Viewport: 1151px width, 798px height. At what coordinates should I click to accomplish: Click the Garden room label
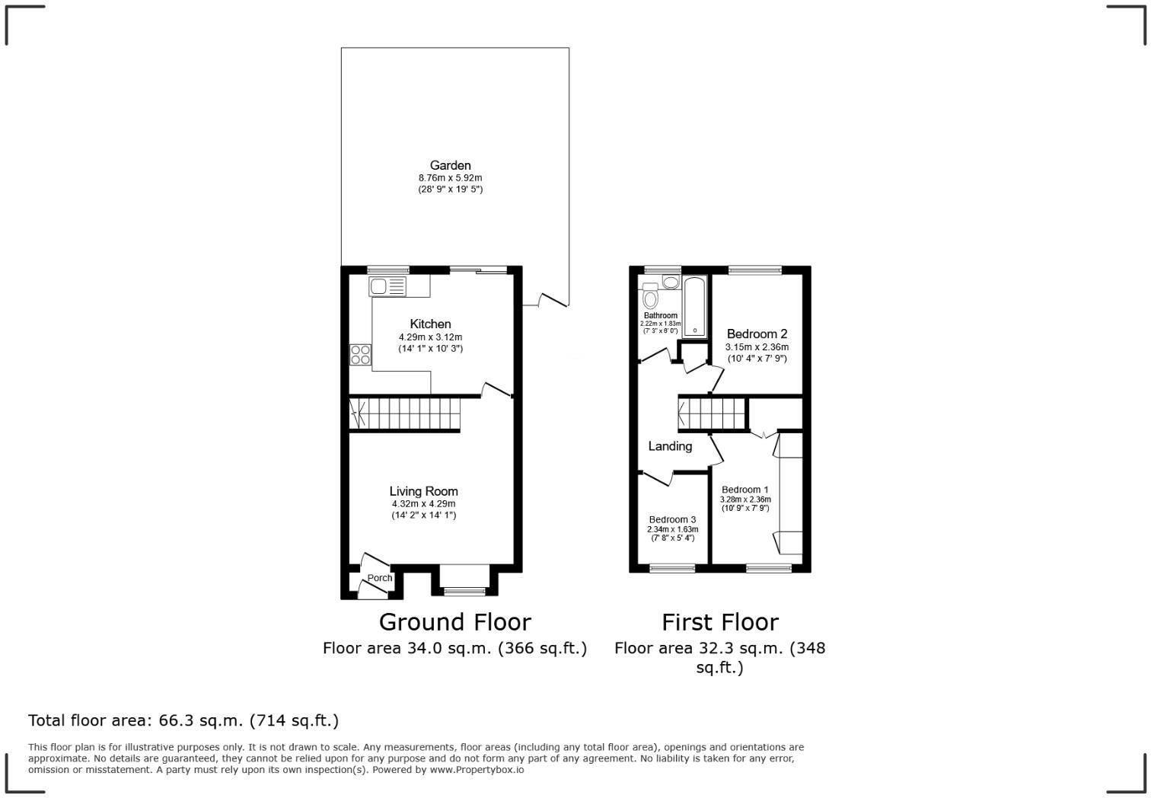(x=450, y=165)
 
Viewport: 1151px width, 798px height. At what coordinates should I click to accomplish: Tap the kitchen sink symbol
(x=387, y=286)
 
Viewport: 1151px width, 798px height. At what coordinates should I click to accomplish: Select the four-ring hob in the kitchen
(x=360, y=355)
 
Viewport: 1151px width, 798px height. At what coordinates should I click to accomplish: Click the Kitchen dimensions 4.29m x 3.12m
(x=430, y=337)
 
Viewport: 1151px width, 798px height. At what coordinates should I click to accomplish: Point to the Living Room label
(x=423, y=491)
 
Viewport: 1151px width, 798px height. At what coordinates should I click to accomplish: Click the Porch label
(x=379, y=578)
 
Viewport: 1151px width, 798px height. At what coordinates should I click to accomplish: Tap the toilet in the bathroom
(x=650, y=296)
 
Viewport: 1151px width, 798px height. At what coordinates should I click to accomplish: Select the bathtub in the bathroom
(x=695, y=307)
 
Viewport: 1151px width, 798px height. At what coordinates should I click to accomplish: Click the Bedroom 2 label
(x=756, y=334)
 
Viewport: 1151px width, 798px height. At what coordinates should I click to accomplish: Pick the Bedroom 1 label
(x=744, y=490)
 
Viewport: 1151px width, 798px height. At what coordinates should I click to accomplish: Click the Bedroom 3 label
(x=672, y=519)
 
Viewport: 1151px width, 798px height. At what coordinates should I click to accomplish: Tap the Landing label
(x=670, y=446)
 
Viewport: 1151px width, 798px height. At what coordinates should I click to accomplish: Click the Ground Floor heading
(x=454, y=622)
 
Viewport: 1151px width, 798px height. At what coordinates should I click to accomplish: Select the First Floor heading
(x=719, y=622)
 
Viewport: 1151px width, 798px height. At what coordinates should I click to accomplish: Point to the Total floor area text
(x=183, y=720)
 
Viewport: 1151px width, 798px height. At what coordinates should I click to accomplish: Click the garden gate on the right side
(x=553, y=300)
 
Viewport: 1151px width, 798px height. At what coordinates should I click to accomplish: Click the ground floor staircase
(x=405, y=413)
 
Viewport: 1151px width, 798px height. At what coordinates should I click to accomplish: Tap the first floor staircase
(x=711, y=413)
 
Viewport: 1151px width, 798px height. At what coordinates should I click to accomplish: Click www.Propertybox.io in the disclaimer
(x=477, y=770)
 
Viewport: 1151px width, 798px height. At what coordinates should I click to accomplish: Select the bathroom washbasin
(x=670, y=282)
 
